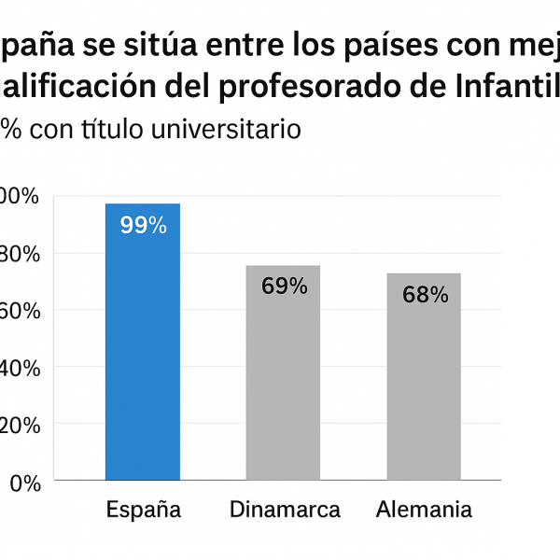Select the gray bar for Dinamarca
[283, 372]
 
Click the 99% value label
[143, 225]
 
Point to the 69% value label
[284, 287]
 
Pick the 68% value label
[426, 295]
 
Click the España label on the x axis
[143, 510]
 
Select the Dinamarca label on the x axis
[285, 510]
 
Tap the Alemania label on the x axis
[424, 510]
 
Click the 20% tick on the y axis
[19, 425]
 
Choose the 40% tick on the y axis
[19, 368]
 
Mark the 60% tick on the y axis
[19, 310]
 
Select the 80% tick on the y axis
[19, 253]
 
